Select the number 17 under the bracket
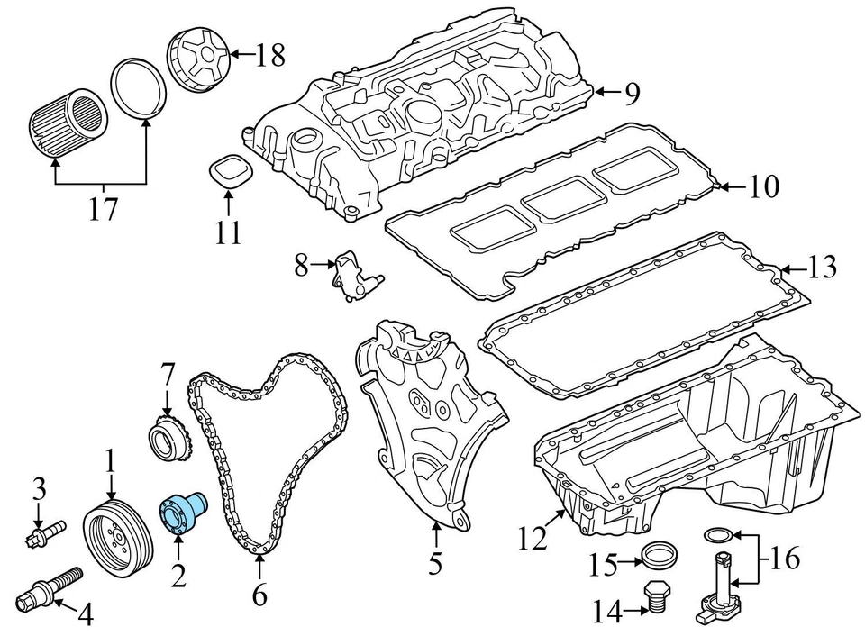coord(103,210)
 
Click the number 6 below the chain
coord(259,595)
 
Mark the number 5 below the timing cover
coord(435,563)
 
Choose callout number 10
coord(762,187)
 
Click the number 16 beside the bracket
coord(785,559)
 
